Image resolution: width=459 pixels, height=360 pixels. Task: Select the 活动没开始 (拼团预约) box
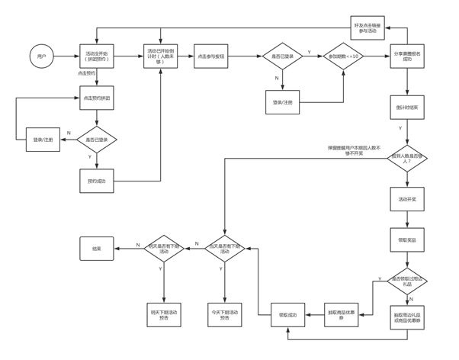[x=96, y=56]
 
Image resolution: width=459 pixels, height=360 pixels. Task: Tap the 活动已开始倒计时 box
[x=160, y=56]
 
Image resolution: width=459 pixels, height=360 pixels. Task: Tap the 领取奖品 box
[x=407, y=239]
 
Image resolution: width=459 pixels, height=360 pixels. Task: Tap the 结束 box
[x=98, y=247]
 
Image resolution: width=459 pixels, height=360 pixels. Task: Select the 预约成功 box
[x=96, y=181]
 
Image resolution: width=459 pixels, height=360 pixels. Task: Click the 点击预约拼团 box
[x=96, y=98]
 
